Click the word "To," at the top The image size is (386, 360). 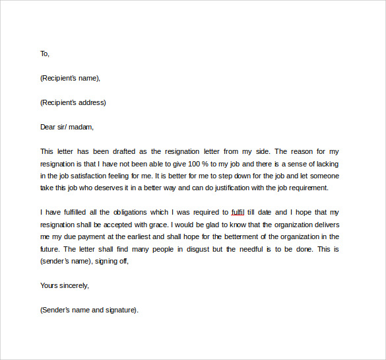coord(44,54)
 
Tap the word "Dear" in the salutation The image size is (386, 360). coord(48,127)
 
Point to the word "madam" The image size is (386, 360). coord(82,127)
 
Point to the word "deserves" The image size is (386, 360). coord(115,188)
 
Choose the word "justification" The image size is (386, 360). coord(234,188)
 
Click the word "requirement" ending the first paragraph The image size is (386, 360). coord(304,188)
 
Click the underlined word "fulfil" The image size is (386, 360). coord(238,212)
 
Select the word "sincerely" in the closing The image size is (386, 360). coord(72,285)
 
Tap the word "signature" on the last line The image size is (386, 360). coord(120,309)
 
